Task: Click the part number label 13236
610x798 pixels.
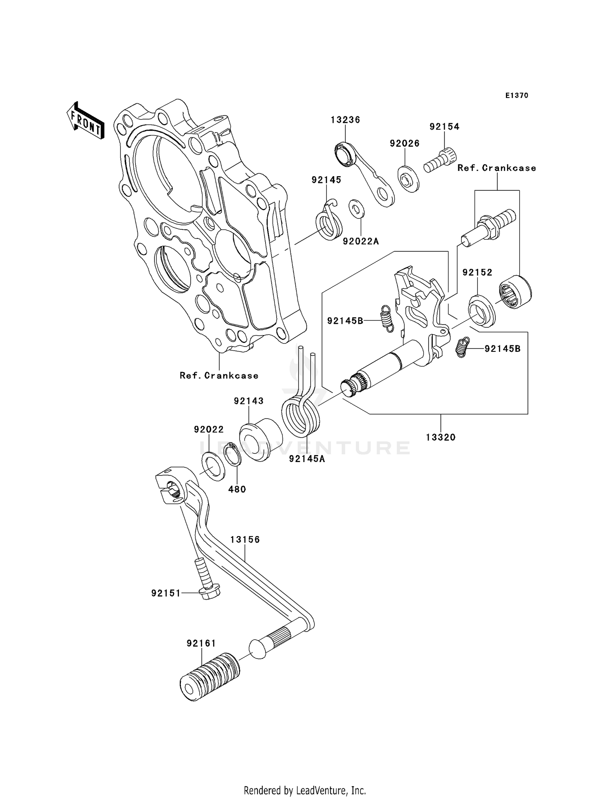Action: (x=345, y=120)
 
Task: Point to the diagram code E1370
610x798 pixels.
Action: (x=516, y=96)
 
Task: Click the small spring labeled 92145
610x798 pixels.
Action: (x=329, y=223)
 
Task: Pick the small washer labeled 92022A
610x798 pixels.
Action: (x=357, y=209)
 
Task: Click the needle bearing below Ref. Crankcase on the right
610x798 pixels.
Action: (x=515, y=291)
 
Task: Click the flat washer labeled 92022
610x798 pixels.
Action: (x=213, y=466)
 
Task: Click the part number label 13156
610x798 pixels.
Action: (x=245, y=540)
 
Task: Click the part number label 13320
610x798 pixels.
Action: (x=441, y=438)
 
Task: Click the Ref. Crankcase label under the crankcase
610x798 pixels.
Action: (x=219, y=376)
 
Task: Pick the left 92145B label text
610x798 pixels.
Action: (x=345, y=321)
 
